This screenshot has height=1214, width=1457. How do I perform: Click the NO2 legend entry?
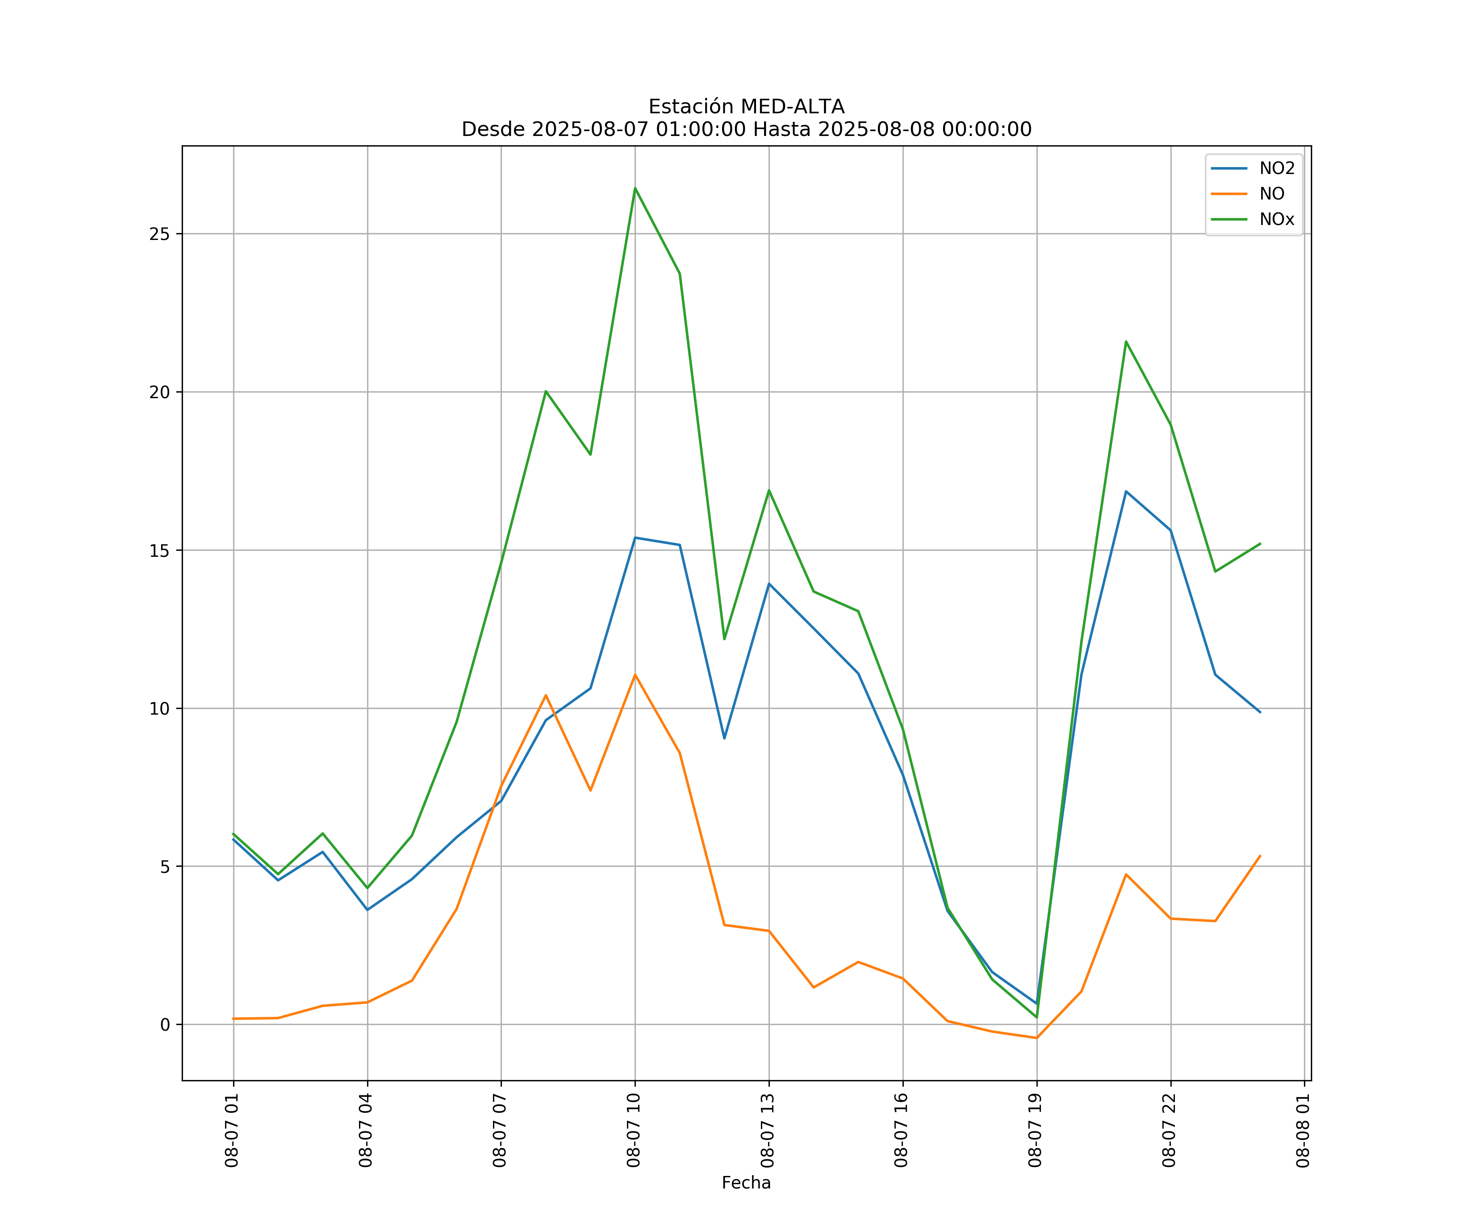pyautogui.click(x=1276, y=169)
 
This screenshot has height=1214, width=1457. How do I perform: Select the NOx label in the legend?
pyautogui.click(x=1276, y=220)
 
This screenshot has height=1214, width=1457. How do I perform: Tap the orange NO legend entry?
pyautogui.click(x=1272, y=194)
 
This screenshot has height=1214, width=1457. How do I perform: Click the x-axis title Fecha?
pyautogui.click(x=746, y=1183)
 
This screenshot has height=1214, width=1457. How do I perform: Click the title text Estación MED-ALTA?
pyautogui.click(x=746, y=107)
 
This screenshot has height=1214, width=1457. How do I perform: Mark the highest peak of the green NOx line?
pyautogui.click(x=635, y=188)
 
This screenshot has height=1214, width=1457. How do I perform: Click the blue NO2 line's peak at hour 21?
pyautogui.click(x=1126, y=491)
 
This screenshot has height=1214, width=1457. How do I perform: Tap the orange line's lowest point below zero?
pyautogui.click(x=1036, y=1038)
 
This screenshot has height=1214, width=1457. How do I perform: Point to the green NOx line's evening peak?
pyautogui.click(x=1126, y=341)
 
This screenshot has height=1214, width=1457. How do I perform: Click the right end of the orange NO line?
pyautogui.click(x=1260, y=855)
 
